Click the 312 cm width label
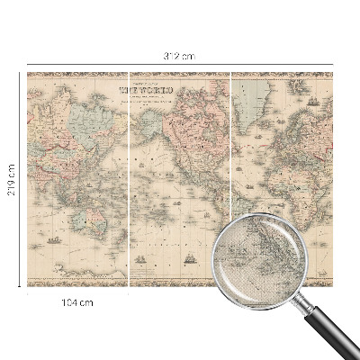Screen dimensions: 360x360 pyautogui.click(x=180, y=56)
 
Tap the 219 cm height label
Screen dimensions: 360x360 pyautogui.click(x=12, y=180)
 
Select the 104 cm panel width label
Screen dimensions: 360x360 pyautogui.click(x=78, y=302)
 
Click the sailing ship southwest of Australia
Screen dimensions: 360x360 pyautogui.click(x=55, y=239)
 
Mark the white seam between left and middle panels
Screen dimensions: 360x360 pyautogui.click(x=130, y=180)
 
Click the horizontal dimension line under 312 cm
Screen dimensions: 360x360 pyautogui.click(x=180, y=64)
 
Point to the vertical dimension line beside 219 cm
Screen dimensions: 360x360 pyautogui.click(x=20, y=180)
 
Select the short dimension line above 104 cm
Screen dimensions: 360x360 pyautogui.click(x=78, y=292)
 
